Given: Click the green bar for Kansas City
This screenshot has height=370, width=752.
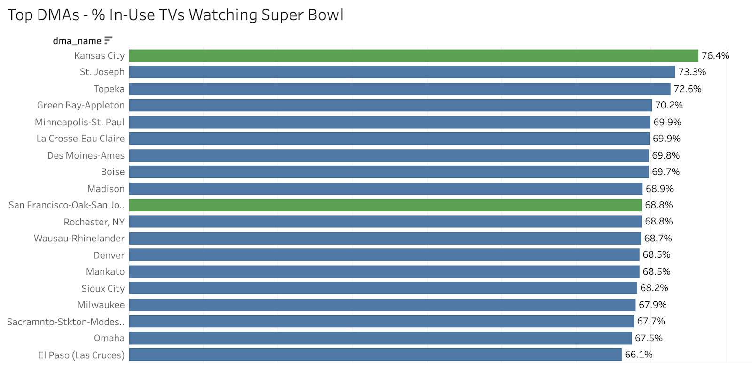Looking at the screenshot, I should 414,56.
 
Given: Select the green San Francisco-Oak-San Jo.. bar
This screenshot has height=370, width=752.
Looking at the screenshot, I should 385,205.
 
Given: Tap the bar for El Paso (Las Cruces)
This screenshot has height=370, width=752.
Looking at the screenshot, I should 375,355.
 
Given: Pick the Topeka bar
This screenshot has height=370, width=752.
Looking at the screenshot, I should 399,89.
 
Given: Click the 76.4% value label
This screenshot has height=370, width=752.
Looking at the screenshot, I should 715,56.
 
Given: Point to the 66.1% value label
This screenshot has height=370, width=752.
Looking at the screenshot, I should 639,355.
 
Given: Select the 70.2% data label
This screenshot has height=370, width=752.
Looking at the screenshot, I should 669,105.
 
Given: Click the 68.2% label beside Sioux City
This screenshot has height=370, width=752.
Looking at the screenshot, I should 654,288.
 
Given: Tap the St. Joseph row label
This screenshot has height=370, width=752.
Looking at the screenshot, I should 102,72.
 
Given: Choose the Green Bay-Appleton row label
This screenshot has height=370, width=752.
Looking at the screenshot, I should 81,105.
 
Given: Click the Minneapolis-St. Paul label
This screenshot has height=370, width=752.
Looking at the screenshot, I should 79,123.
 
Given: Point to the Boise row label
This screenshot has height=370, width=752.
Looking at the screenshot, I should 113,172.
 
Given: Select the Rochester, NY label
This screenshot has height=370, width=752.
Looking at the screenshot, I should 94,222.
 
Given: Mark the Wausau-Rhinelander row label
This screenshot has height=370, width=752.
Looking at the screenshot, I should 79,239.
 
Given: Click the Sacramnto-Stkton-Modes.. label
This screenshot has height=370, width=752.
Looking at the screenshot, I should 66,322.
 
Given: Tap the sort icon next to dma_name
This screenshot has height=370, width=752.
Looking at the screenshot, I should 108,40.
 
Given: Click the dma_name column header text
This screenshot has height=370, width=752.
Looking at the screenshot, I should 77,41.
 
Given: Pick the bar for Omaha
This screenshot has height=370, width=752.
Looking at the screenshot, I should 380,338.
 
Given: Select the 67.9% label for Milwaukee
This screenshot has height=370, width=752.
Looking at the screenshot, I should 652,305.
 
